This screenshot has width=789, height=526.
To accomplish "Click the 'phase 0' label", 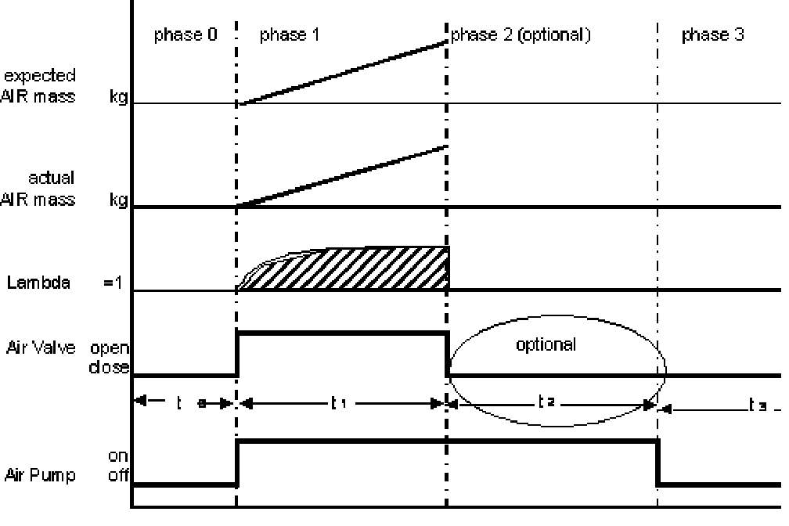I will pos(184,35).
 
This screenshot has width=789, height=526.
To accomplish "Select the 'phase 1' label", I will pos(289,35).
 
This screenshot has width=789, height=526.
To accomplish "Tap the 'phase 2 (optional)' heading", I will pos(520,35).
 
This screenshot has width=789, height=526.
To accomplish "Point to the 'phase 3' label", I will pos(712,35).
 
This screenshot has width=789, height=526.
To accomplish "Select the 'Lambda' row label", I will pos(38,283).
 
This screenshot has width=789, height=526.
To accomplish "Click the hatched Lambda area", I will pos(360,270).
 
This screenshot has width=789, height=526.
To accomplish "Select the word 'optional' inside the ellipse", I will pos(546,344).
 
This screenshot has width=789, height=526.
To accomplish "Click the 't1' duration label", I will pos(338,403).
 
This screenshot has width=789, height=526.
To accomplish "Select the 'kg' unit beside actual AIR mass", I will pos(120,200).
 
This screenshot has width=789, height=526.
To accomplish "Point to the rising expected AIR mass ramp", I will pos(342,73).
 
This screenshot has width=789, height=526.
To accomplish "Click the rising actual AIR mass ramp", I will pos(342,176).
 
